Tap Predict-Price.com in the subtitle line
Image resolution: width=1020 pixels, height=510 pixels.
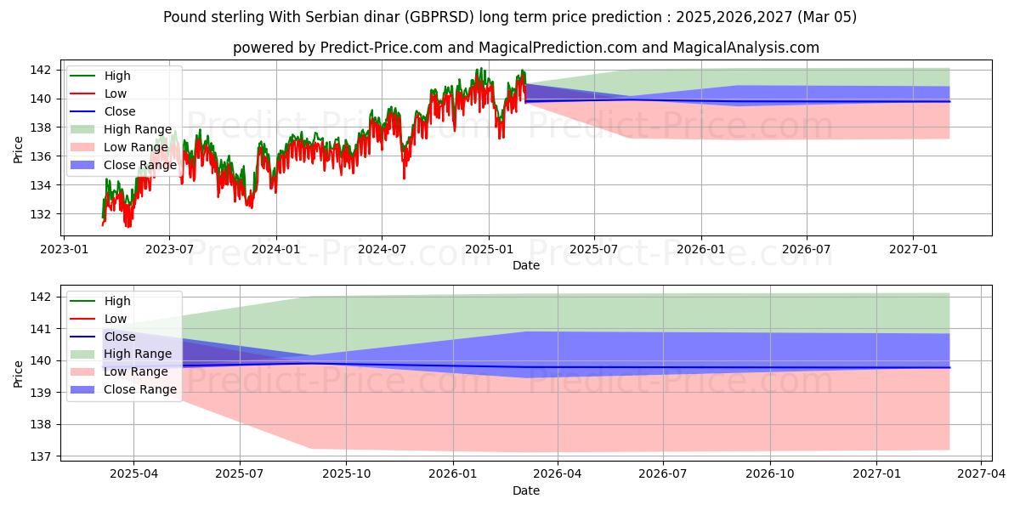click(x=381, y=48)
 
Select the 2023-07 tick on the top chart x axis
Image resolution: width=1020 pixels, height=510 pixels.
click(x=169, y=249)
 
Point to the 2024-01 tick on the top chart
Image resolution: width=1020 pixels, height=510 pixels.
click(x=276, y=249)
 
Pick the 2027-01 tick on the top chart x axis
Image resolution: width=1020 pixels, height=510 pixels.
click(x=913, y=249)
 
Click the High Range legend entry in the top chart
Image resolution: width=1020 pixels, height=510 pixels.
click(x=138, y=129)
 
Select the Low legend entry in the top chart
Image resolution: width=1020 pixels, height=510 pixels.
click(x=116, y=93)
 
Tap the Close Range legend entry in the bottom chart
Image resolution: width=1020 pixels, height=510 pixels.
click(x=140, y=389)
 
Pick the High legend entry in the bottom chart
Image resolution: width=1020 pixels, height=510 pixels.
click(x=117, y=301)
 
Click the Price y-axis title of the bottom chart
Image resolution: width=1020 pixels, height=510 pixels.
click(x=18, y=373)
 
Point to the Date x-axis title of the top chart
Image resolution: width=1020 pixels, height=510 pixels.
click(x=525, y=265)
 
